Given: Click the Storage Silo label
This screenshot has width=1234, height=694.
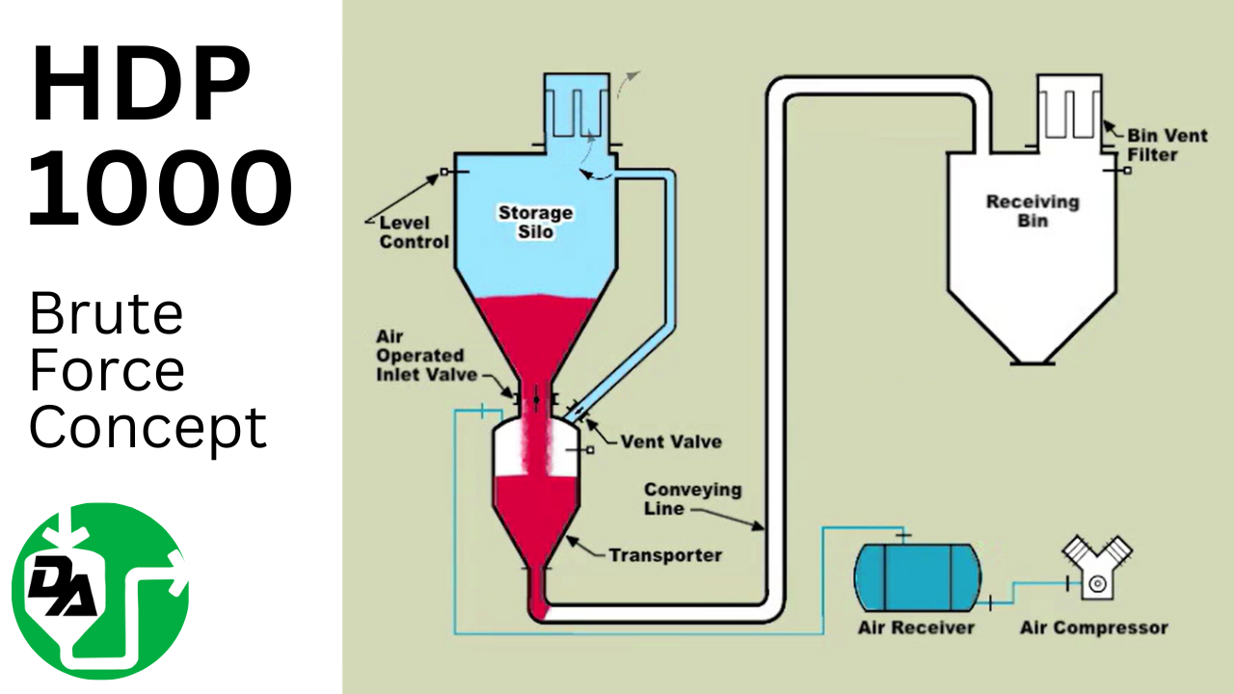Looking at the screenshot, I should (535, 222).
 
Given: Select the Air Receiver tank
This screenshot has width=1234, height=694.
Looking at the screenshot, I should (916, 576).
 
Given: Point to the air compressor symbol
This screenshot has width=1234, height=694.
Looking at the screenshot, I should (1096, 569).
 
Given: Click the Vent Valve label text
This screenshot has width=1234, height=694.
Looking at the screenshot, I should (670, 441).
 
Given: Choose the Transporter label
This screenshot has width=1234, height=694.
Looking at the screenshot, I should (664, 555).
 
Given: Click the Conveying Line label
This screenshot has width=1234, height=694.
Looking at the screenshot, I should (692, 498).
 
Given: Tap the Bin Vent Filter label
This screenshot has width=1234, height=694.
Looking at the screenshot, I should (1167, 145).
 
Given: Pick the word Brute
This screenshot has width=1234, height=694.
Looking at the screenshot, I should (106, 314).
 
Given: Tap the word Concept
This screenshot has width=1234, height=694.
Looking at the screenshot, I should (148, 427).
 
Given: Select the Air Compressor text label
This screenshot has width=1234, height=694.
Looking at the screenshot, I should (1093, 627).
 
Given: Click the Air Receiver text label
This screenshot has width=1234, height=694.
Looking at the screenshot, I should (916, 627).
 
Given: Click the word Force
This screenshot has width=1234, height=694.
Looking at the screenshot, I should (106, 371).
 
